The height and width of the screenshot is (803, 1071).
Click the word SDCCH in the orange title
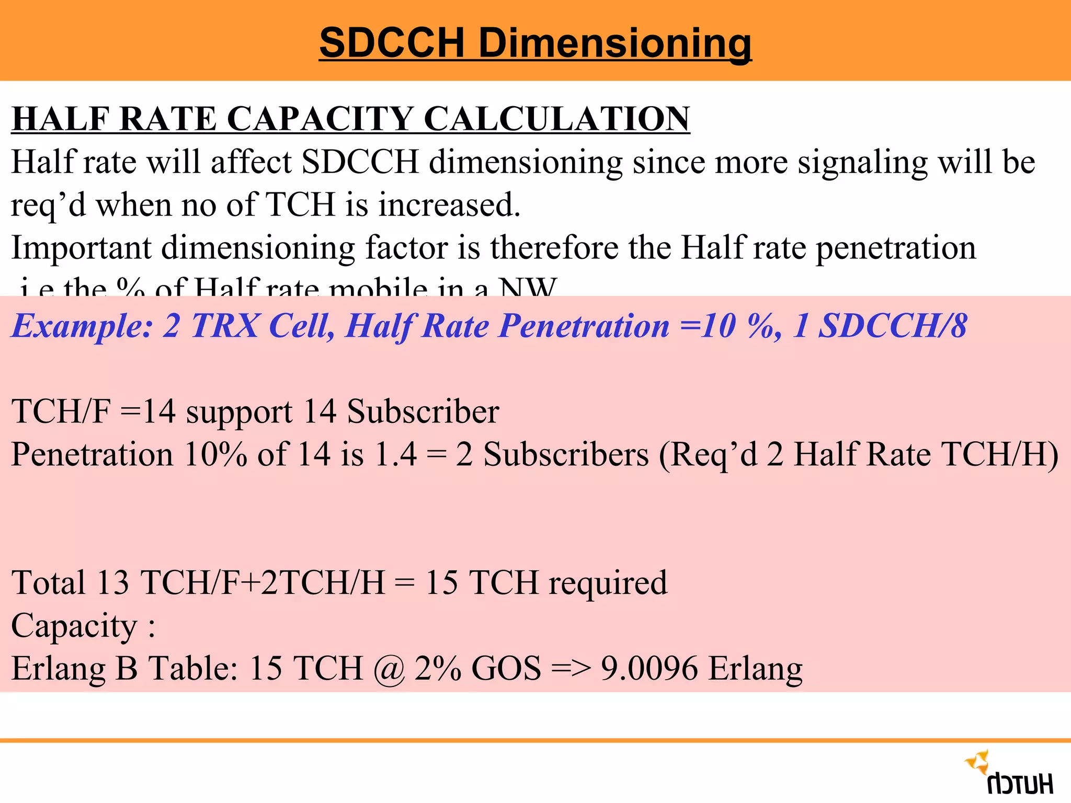point(392,43)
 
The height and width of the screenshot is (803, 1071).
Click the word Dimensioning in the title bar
point(615,44)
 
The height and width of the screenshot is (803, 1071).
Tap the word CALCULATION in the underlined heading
point(557,119)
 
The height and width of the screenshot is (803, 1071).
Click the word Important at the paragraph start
point(81,247)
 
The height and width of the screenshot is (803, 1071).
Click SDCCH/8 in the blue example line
point(893,326)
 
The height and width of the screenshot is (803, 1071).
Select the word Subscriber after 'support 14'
point(423,411)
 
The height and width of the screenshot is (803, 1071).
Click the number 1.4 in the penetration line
point(396,454)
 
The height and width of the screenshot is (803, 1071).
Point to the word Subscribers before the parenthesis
point(566,454)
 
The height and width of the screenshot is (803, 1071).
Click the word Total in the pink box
point(48,582)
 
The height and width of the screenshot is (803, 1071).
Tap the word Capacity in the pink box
point(74,626)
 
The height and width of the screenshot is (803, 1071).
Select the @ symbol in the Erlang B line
point(389,669)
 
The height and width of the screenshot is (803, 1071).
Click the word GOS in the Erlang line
point(506,668)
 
